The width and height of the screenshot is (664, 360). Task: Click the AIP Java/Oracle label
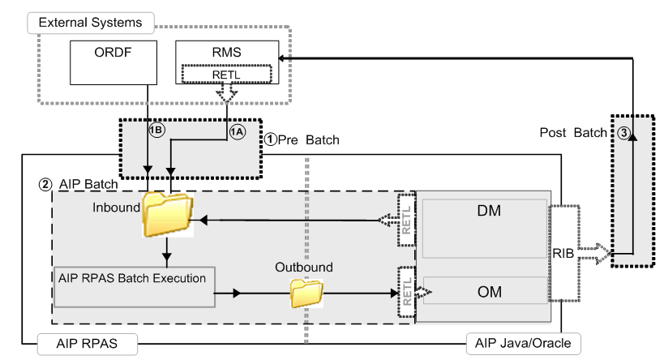tap(523, 344)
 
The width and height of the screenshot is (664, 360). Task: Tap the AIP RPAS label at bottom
tap(79, 344)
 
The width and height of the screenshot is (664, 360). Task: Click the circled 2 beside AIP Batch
tap(45, 183)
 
